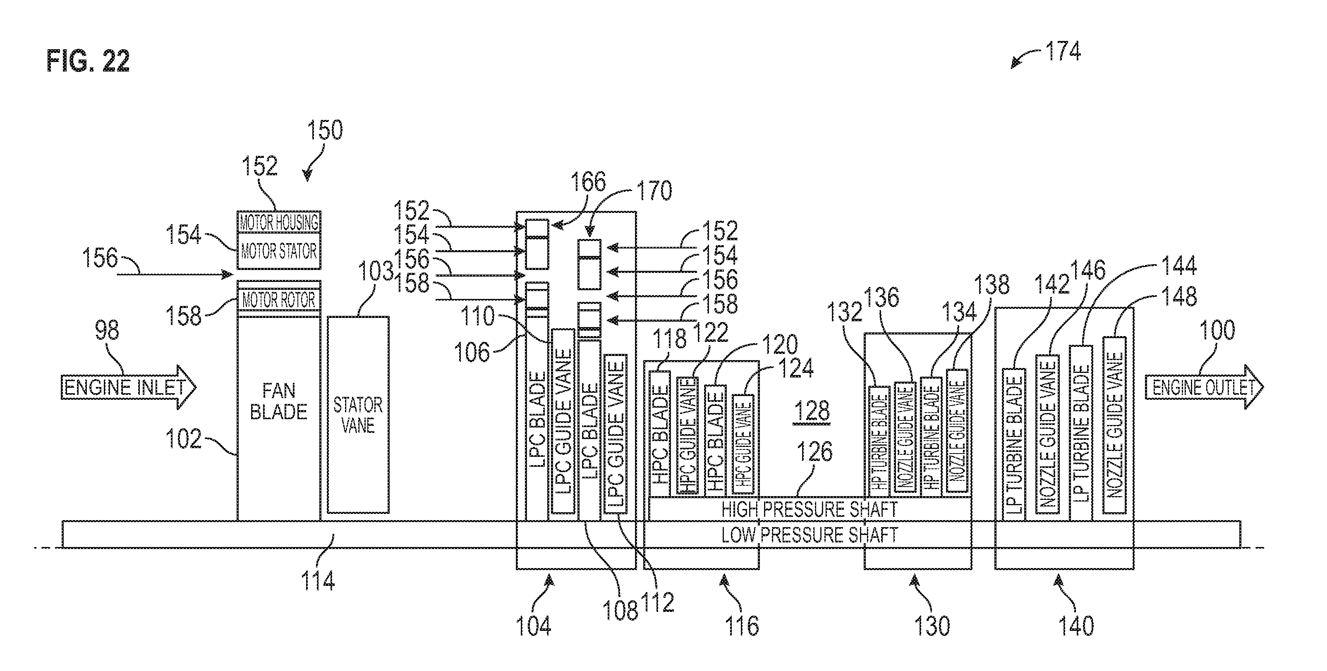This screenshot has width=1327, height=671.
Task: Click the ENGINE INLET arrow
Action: pos(128,387)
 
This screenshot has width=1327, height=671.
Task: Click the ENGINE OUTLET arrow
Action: pos(1204,387)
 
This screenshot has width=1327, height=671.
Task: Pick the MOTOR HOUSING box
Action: pos(279,222)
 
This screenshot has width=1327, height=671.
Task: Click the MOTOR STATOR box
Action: pos(279,251)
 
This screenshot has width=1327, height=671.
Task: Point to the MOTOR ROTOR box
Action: pos(279,299)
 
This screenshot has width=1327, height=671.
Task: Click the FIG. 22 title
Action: pos(88,61)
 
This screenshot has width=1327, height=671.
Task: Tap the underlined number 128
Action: pos(811,411)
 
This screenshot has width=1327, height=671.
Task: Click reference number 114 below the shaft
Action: pos(318,580)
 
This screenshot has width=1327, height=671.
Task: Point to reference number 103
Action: pos(376,271)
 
